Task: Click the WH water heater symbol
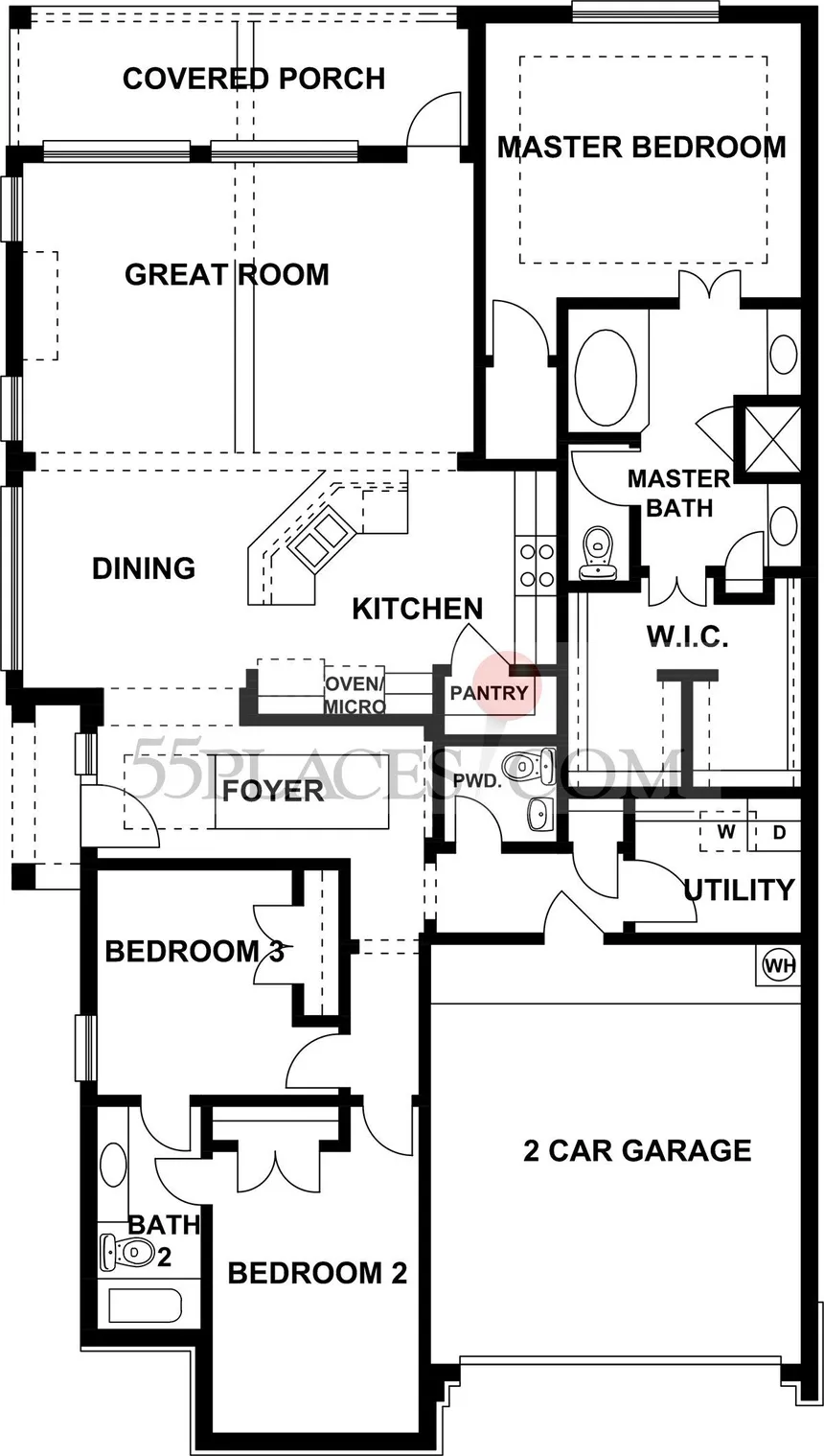[x=779, y=966]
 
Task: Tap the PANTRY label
[x=489, y=693]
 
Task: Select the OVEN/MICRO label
[x=354, y=694]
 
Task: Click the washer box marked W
[x=726, y=831]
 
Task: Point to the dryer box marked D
[x=778, y=831]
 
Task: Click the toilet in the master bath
[x=598, y=553]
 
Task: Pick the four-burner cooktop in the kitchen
[x=537, y=565]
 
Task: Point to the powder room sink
[x=540, y=814]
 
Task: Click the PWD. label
[x=478, y=780]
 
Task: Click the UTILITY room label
[x=740, y=890]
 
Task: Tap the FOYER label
[x=273, y=791]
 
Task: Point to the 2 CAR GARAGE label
[x=637, y=1151]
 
